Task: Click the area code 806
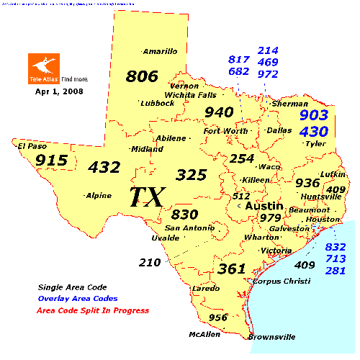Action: click(x=141, y=76)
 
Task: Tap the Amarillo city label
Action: click(x=160, y=51)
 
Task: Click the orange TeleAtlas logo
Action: click(x=43, y=67)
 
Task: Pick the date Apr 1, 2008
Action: click(x=59, y=91)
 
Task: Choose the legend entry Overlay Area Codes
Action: click(x=78, y=298)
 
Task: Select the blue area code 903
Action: click(x=313, y=115)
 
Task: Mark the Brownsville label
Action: click(x=271, y=336)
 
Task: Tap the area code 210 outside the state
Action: click(x=150, y=262)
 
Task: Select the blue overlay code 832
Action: click(x=336, y=246)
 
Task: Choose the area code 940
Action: click(x=219, y=112)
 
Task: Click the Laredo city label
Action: click(x=201, y=288)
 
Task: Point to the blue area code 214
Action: click(x=269, y=51)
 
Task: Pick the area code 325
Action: click(x=192, y=174)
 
